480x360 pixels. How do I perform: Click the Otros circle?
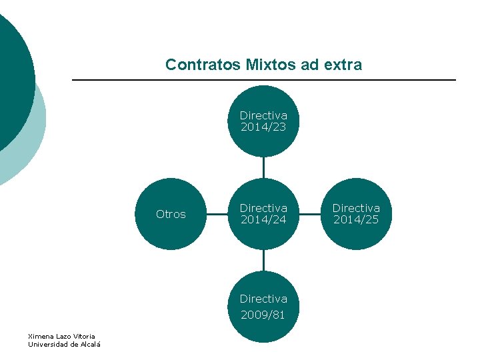(x=171, y=214)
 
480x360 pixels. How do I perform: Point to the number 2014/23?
(x=263, y=127)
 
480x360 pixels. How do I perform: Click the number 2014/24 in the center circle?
(x=263, y=220)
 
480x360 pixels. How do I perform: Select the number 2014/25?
(x=356, y=220)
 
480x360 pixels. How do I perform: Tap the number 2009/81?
(x=263, y=315)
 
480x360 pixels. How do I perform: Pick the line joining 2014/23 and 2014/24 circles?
(x=263, y=167)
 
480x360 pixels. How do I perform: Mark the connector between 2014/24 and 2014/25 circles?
(x=310, y=214)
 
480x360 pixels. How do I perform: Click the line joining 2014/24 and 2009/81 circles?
(x=263, y=261)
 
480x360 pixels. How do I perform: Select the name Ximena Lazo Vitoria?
(x=61, y=336)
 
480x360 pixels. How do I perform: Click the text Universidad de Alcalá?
(x=64, y=344)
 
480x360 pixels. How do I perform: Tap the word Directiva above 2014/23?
(x=263, y=115)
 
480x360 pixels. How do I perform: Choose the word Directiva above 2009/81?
(x=263, y=299)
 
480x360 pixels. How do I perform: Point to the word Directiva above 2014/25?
(x=356, y=208)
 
